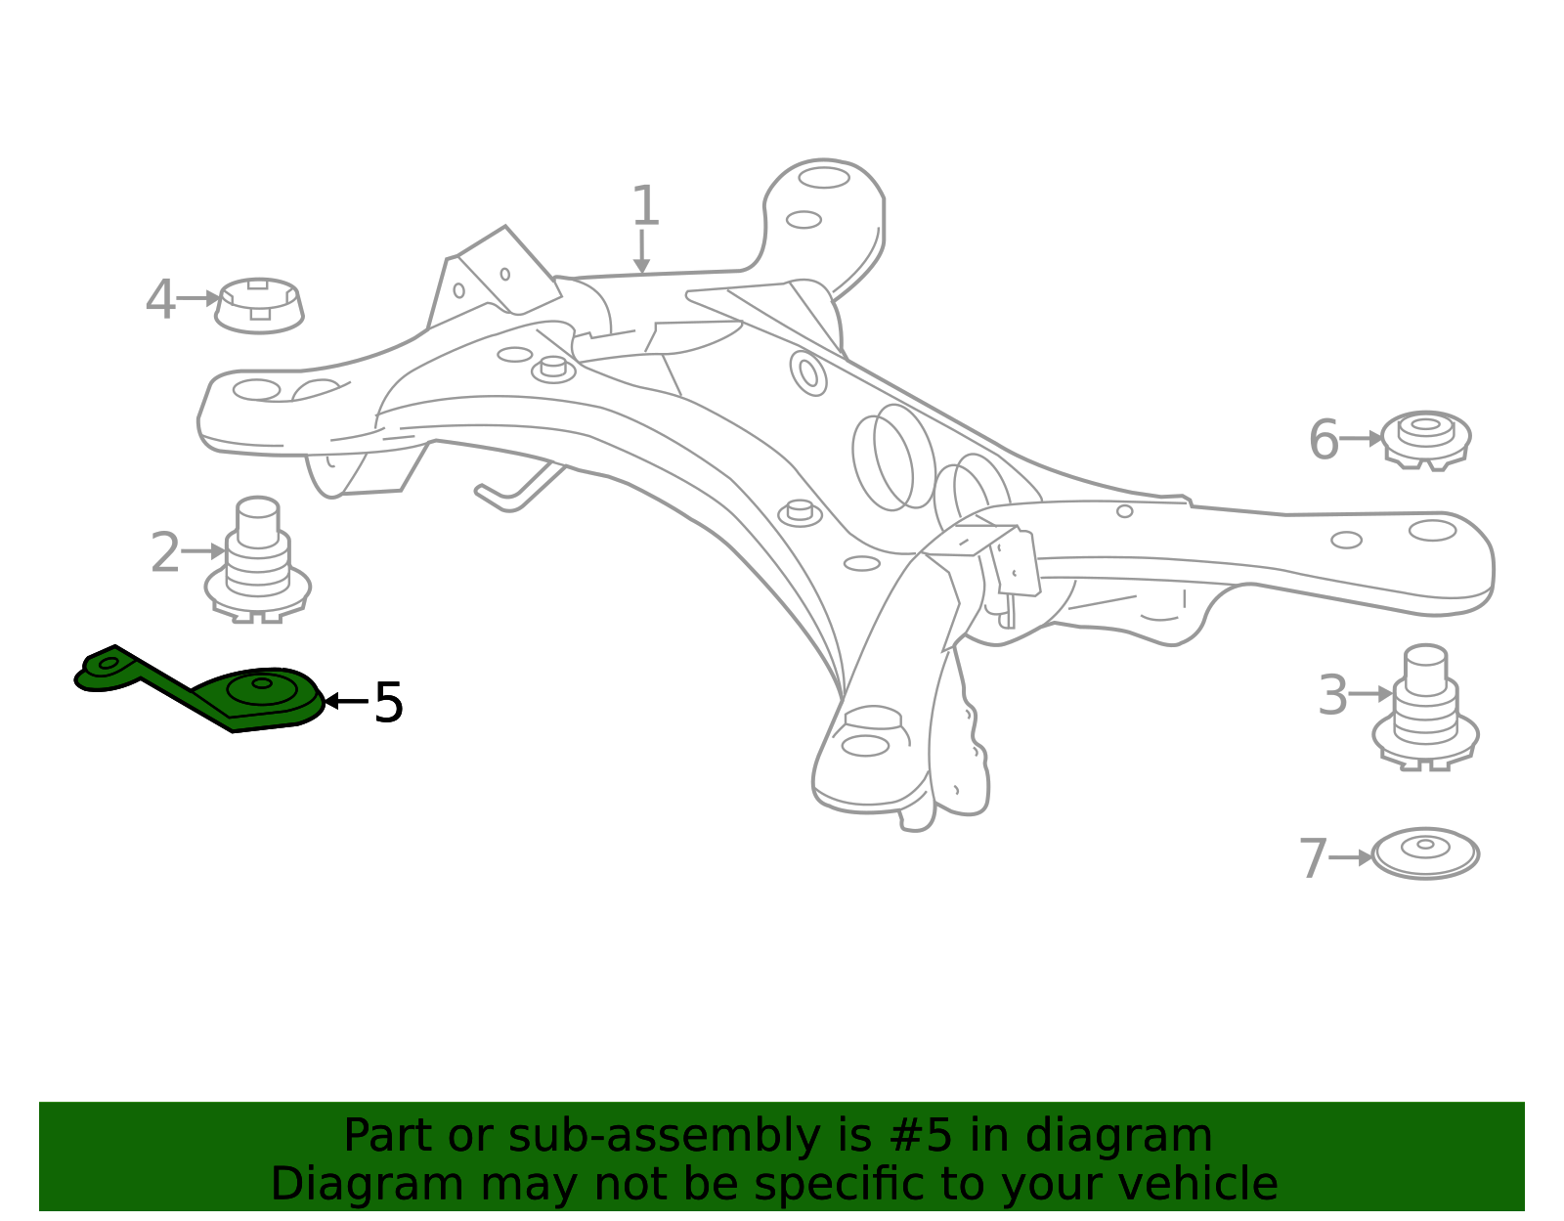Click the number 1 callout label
tap(644, 205)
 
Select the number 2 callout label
tap(165, 552)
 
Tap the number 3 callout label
tap(1332, 695)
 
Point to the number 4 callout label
tap(159, 298)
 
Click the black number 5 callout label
tap(389, 702)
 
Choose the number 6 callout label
tap(1324, 439)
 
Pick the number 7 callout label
tap(1313, 858)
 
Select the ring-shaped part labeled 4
tap(259, 306)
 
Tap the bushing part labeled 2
tap(258, 560)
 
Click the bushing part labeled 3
tap(1426, 707)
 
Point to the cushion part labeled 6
tap(1426, 440)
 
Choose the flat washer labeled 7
tap(1426, 853)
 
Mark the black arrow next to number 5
tap(346, 700)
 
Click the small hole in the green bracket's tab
tap(108, 663)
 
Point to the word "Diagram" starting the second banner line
tap(368, 1185)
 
